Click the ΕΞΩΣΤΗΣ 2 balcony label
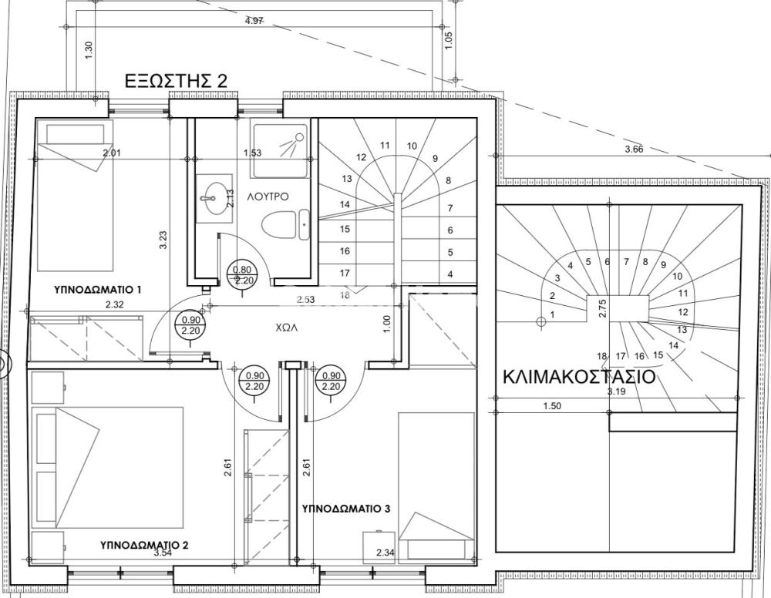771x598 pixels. pyautogui.click(x=176, y=81)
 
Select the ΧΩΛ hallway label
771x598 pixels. pyautogui.click(x=287, y=328)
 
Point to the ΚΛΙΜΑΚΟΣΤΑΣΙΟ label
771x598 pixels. pyautogui.click(x=579, y=377)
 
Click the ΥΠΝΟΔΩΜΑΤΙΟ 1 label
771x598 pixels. pyautogui.click(x=98, y=290)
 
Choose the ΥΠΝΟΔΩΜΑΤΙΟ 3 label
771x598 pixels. pyautogui.click(x=346, y=509)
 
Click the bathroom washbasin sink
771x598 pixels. pyautogui.click(x=214, y=199)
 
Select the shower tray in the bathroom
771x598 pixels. pyautogui.click(x=281, y=150)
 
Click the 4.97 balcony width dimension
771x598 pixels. pyautogui.click(x=254, y=21)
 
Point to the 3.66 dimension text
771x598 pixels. pyautogui.click(x=634, y=149)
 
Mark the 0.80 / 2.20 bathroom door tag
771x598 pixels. pyautogui.click(x=242, y=275)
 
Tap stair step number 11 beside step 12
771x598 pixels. pyautogui.click(x=385, y=145)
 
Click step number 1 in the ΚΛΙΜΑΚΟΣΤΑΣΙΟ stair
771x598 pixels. pyautogui.click(x=552, y=314)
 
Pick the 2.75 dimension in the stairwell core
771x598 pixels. pyautogui.click(x=603, y=308)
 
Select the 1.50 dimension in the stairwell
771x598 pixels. pyautogui.click(x=552, y=406)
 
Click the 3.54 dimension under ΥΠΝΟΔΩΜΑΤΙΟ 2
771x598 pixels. pyautogui.click(x=163, y=553)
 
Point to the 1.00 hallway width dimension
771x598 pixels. pyautogui.click(x=386, y=324)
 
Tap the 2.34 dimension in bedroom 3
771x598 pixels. pyautogui.click(x=385, y=553)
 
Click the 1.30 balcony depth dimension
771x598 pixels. pyautogui.click(x=89, y=51)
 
